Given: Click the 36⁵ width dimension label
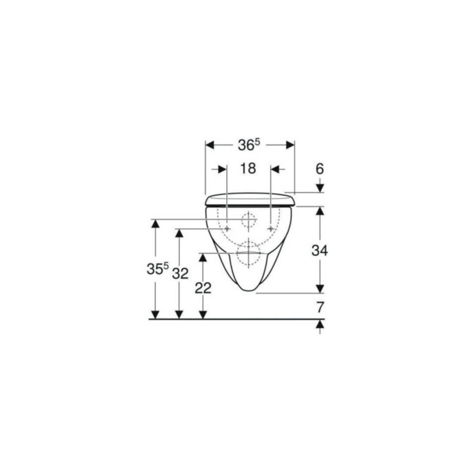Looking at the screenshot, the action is tap(248, 145).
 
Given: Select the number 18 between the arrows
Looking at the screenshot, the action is tap(248, 169).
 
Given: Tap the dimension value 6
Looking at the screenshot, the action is tap(320, 169).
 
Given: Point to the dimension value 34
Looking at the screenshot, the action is tap(320, 251).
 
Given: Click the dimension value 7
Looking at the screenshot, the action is tap(320, 307).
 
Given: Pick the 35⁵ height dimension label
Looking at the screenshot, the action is tap(158, 268).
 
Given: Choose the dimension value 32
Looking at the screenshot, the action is tap(180, 274).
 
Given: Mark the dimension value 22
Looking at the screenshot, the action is tap(203, 288).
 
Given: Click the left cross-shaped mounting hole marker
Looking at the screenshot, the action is tap(227, 229).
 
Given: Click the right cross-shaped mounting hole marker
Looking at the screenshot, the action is tap(271, 229).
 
